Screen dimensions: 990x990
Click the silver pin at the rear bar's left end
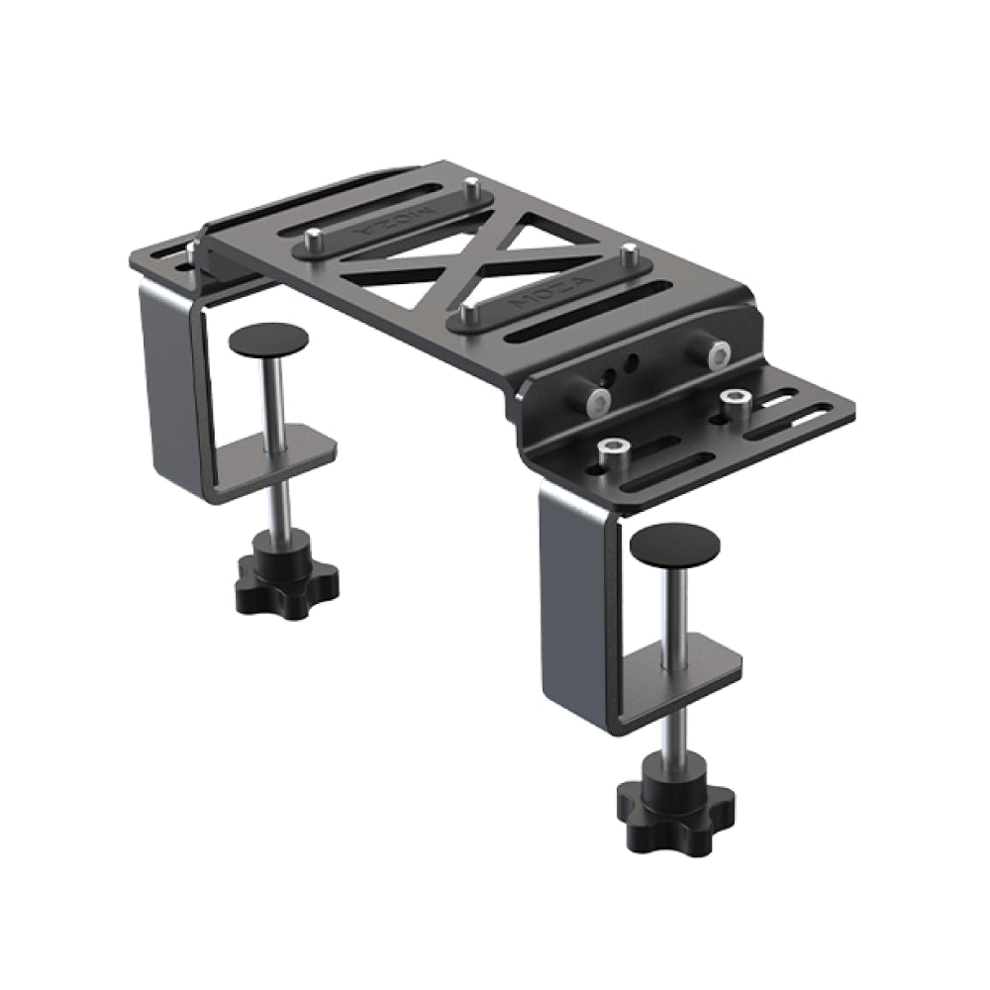pos(314,235)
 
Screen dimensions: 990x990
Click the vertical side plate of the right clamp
pos(574,604)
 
